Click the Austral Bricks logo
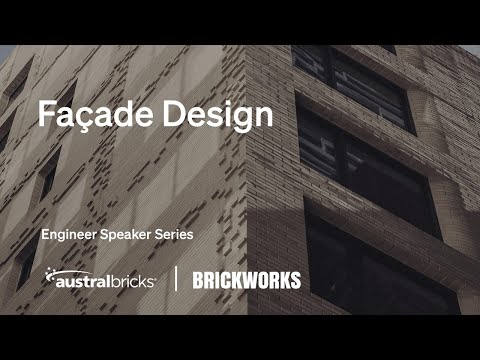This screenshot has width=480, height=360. [x=100, y=280]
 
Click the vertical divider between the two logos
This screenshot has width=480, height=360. [x=176, y=279]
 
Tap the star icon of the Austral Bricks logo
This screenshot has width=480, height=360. [x=50, y=274]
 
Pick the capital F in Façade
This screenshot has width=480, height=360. [x=46, y=114]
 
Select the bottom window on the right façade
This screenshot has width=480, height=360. [x=380, y=265]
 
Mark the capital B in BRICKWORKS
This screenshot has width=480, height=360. [x=198, y=280]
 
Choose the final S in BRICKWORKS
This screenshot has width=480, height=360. [x=295, y=280]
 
